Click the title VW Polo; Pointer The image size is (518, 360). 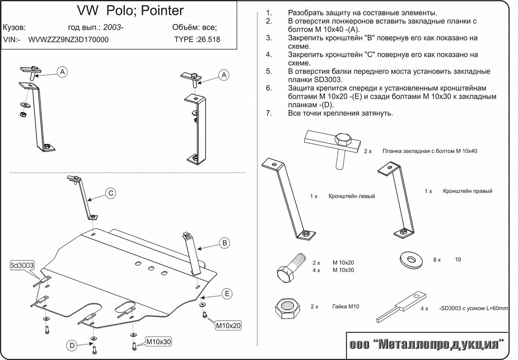coord(130,10)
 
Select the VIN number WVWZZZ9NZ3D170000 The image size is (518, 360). coord(68,40)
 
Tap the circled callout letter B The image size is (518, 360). coord(224,243)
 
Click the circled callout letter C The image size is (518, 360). coord(111,193)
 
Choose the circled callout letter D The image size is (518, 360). coord(72,345)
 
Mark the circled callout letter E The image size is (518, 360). coord(227,294)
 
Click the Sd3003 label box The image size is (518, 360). coord(22,265)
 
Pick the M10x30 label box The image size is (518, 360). coord(159,342)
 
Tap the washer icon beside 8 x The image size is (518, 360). coord(411,259)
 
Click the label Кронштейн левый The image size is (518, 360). coord(352,196)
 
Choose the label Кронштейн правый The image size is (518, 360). coord(467,191)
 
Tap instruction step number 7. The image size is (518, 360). coord(269,113)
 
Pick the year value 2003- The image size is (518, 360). coord(113,28)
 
